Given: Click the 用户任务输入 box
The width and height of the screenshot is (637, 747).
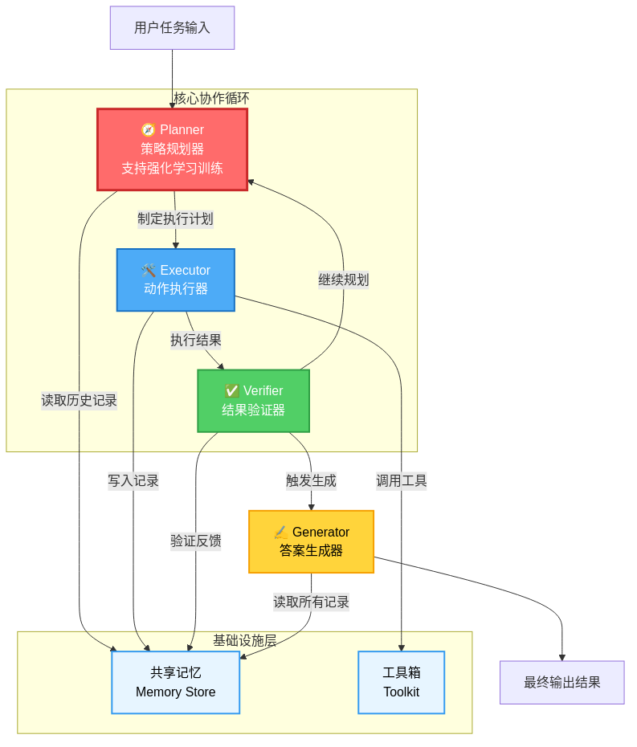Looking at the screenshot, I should click(172, 28).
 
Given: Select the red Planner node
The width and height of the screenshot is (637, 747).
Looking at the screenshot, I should click(172, 149).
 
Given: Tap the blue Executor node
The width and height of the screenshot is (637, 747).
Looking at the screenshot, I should click(175, 280).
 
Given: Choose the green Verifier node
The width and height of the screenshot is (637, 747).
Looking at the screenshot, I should click(253, 401).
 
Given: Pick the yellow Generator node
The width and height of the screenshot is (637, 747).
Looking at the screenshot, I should click(311, 541).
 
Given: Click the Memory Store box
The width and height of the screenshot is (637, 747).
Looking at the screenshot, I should click(175, 682).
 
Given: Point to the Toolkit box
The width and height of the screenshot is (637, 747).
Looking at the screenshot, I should click(401, 682).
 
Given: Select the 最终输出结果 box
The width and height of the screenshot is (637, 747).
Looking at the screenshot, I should click(561, 682).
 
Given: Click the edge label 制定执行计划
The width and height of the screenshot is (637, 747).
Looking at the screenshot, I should click(175, 219).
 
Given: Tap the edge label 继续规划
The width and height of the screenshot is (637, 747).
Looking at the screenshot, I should click(343, 280).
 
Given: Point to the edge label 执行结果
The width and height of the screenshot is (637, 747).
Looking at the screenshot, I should click(195, 340).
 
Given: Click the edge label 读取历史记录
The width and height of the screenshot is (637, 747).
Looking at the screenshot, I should click(80, 400).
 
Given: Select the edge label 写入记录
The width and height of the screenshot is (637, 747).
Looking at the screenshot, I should click(133, 481).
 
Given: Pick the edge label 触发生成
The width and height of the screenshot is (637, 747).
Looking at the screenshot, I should click(311, 481).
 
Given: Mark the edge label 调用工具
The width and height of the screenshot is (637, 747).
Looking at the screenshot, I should click(401, 481).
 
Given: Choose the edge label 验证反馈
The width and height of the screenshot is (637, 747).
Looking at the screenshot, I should click(195, 541).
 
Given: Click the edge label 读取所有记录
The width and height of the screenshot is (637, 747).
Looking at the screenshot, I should click(311, 602).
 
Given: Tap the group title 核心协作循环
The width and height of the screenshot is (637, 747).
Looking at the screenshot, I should click(211, 98).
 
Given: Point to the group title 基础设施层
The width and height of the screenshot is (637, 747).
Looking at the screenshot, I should click(244, 641).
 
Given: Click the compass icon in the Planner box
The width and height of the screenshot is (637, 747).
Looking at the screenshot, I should click(148, 129).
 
